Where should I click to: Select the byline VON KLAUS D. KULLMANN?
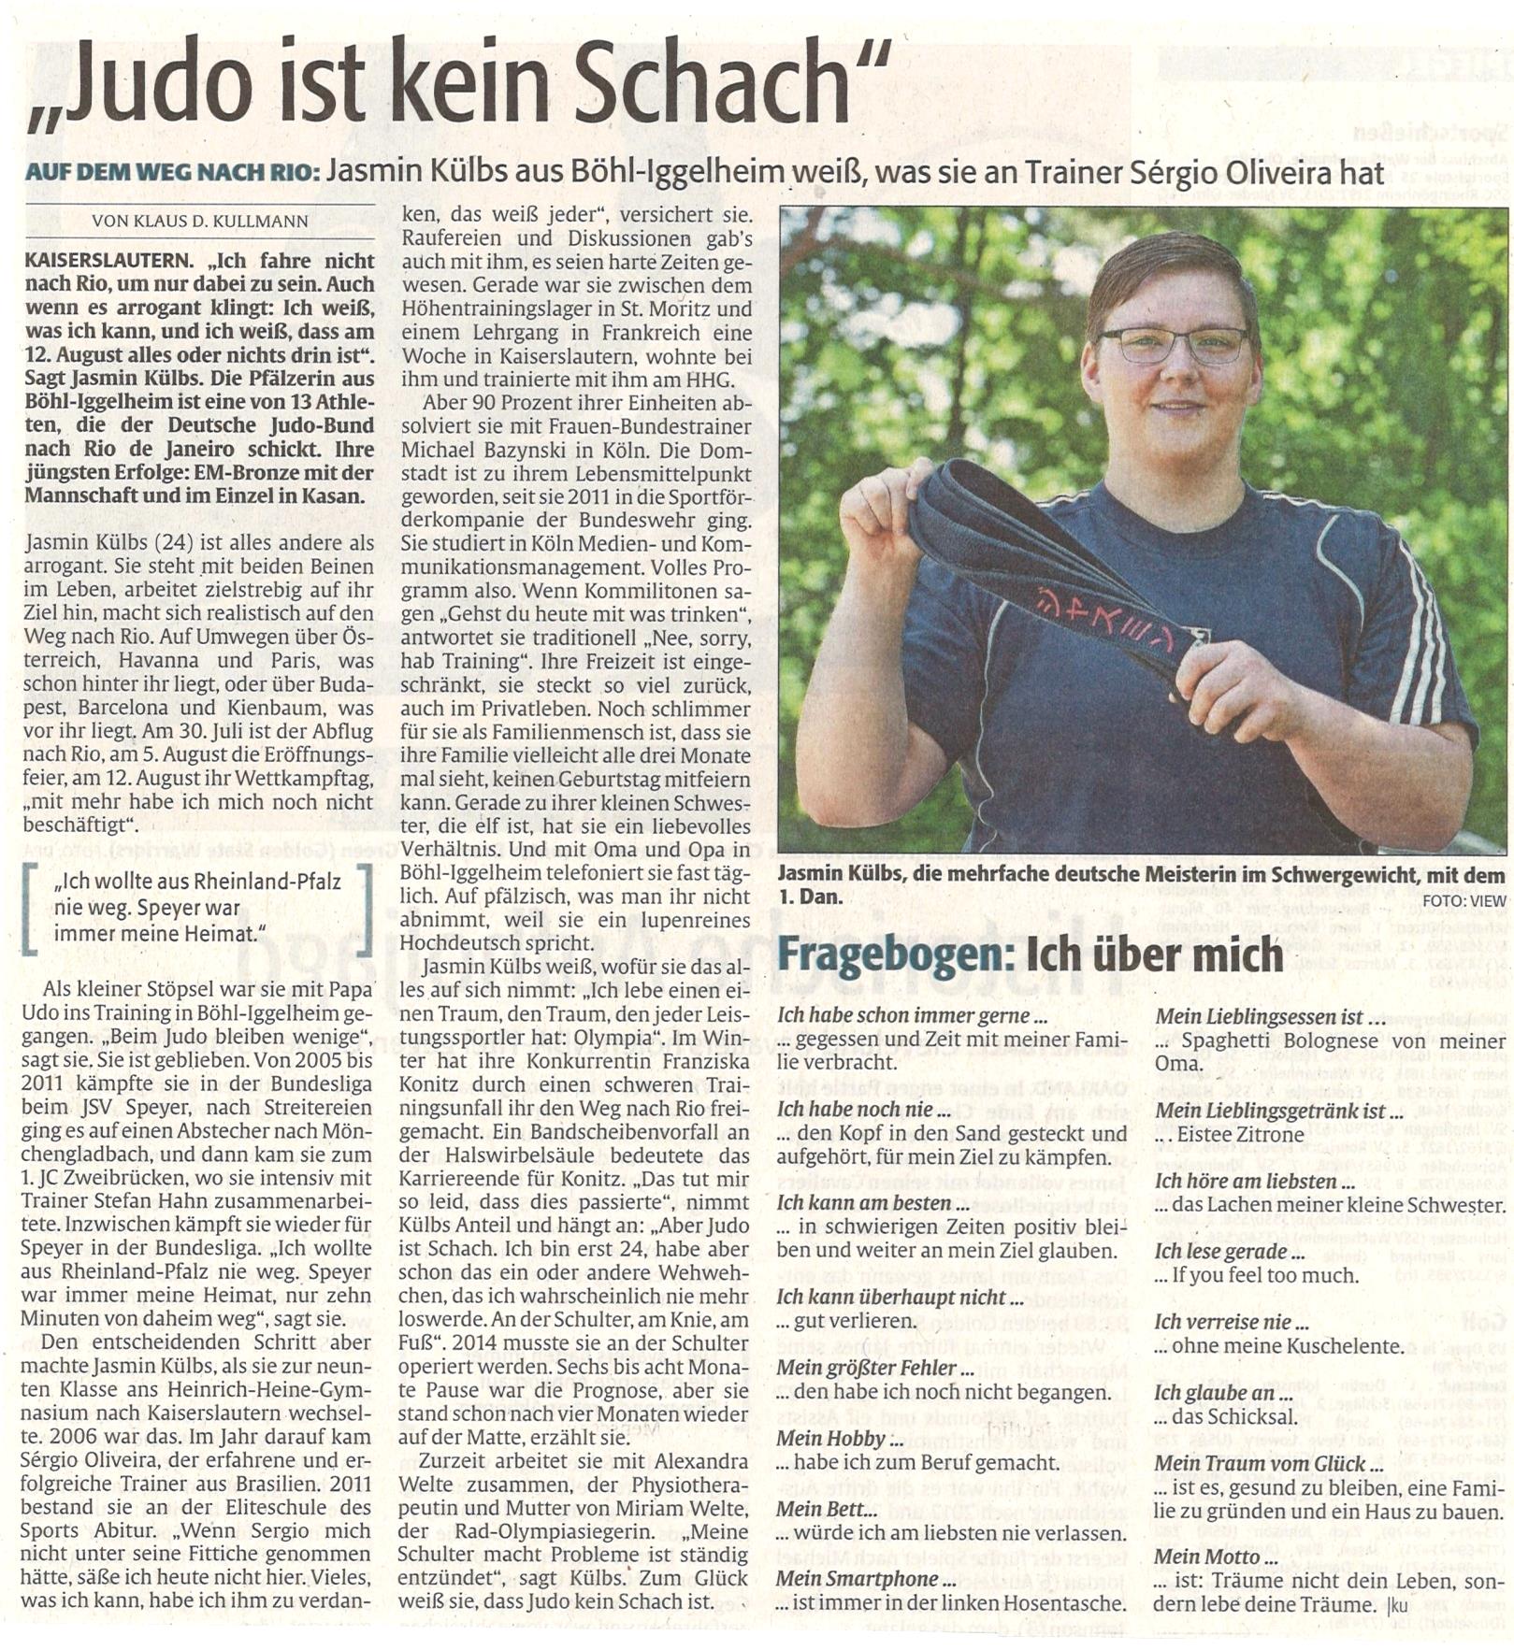[x=200, y=221]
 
